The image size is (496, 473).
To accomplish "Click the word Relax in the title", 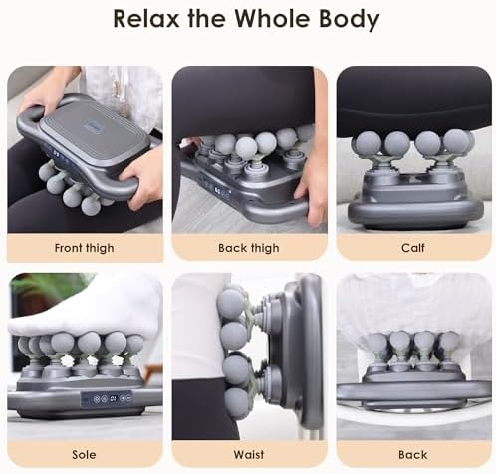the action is pos(146,19).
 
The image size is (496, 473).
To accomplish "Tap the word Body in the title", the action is pos(350,20).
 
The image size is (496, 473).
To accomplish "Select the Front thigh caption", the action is pos(84,248).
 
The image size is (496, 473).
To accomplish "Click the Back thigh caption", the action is pos(249,248).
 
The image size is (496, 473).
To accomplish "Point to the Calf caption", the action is pos(413,248).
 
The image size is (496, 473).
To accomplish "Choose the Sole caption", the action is pos(84,454).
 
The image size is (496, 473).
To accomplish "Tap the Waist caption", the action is pos(249,454).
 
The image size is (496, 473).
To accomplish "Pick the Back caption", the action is pos(413,454).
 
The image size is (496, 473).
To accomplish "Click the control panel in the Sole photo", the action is pos(107,398).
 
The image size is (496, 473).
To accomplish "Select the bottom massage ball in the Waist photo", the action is pos(236,401).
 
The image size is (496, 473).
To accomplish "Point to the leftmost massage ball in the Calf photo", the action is pos(367,144).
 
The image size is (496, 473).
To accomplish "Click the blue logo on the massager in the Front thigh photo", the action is pos(90,126).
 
